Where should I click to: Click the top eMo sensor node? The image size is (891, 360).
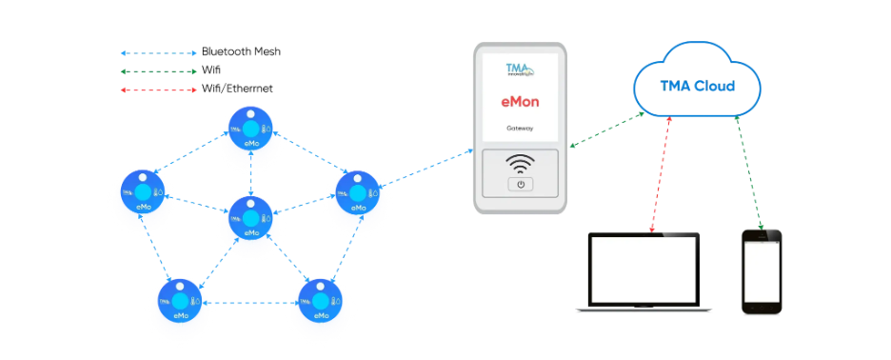(251, 132)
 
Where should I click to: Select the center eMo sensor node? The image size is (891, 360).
(251, 221)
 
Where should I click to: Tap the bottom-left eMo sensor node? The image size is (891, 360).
(181, 305)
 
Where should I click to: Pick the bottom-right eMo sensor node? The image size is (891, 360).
(320, 305)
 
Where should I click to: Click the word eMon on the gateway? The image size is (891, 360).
(521, 100)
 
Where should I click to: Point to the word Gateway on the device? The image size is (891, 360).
(520, 128)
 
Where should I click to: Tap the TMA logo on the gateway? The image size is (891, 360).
(520, 70)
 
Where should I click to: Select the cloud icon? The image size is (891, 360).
(698, 84)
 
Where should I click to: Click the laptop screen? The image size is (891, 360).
(644, 270)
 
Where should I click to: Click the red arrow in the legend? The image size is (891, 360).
(157, 90)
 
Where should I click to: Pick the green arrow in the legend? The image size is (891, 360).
(157, 71)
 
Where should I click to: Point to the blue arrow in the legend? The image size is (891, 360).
(157, 53)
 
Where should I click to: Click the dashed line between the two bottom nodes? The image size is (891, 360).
(250, 303)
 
